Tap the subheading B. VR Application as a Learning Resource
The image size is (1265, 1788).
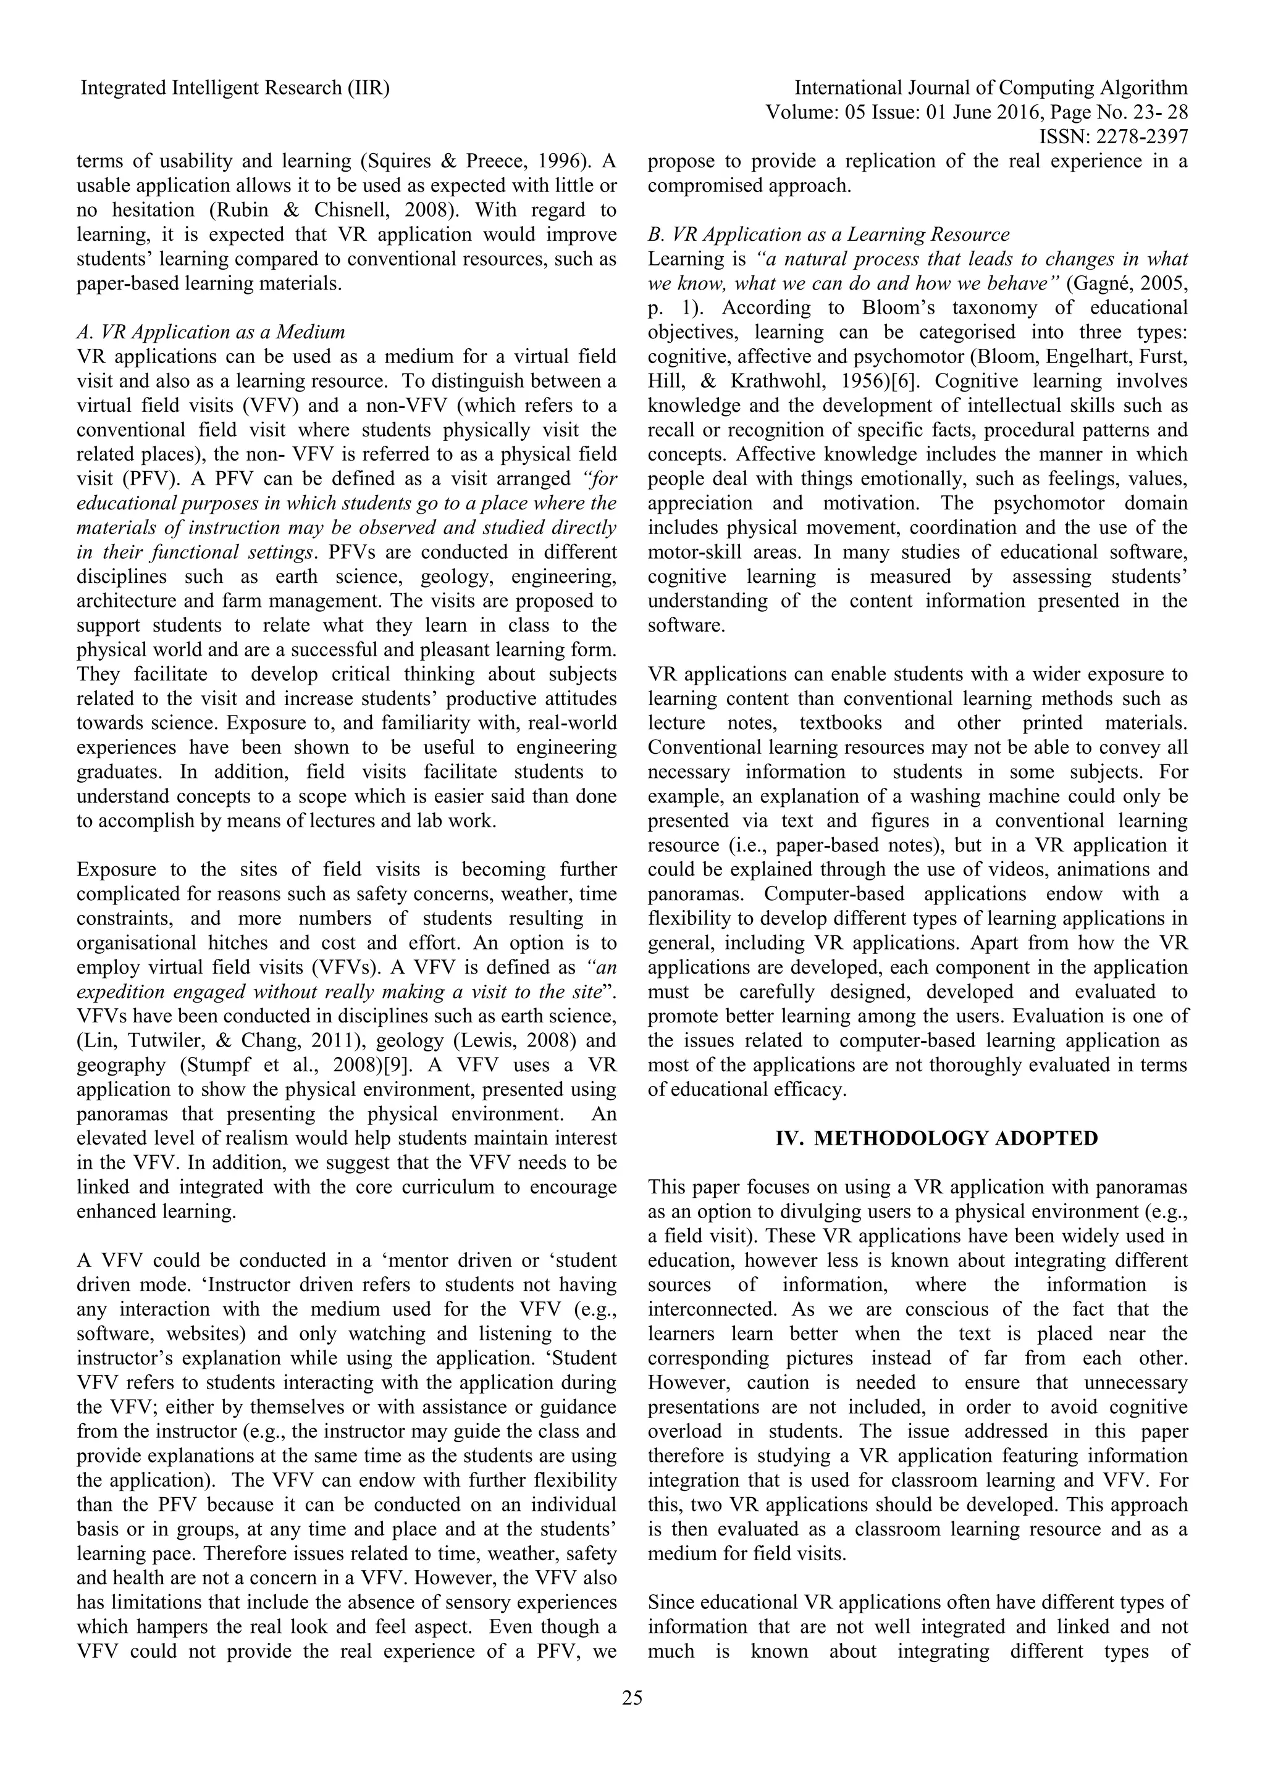[829, 235]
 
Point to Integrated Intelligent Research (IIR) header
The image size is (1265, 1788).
[235, 88]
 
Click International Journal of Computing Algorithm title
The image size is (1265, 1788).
[991, 88]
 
